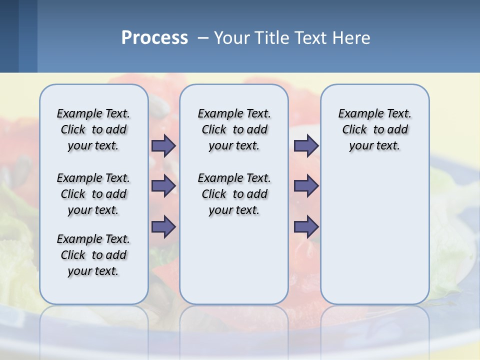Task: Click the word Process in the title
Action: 154,38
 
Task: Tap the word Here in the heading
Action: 352,38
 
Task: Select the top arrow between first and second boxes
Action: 163,145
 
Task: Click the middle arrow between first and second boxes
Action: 163,186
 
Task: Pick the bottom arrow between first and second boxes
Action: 163,227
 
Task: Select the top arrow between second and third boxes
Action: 306,145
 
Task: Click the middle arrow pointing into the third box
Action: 306,186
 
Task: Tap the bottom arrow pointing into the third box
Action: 306,227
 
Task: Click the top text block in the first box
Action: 93,129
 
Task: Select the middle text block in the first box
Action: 93,194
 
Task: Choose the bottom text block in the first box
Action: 93,255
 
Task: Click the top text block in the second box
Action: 234,129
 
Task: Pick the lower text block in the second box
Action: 234,194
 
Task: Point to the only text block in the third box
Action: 374,129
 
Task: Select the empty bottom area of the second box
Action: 234,265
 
